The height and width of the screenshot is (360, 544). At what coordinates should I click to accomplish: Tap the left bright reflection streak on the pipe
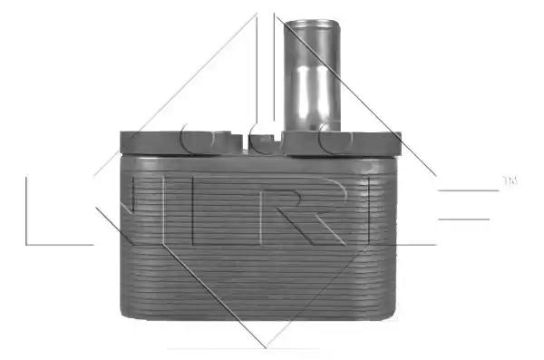pyautogui.click(x=302, y=90)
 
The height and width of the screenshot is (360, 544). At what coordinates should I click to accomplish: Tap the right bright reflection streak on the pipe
pyautogui.click(x=322, y=90)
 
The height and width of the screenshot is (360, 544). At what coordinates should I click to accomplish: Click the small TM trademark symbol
pyautogui.click(x=510, y=180)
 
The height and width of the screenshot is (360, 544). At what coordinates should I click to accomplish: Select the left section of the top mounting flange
pyautogui.click(x=180, y=142)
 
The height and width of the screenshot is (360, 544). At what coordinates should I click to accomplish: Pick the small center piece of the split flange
pyautogui.click(x=266, y=145)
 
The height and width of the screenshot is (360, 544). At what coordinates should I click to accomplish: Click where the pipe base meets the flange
pyautogui.click(x=312, y=131)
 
